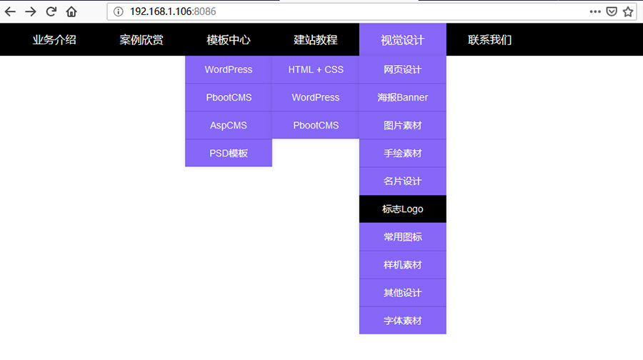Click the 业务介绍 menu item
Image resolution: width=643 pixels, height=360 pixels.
pyautogui.click(x=54, y=40)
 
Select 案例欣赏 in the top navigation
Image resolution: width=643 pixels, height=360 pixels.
pyautogui.click(x=141, y=40)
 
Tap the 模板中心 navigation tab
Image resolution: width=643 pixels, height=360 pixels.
pyautogui.click(x=229, y=40)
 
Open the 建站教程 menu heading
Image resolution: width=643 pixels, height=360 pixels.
pyautogui.click(x=316, y=40)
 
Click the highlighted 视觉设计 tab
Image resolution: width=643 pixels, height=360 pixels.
pyautogui.click(x=403, y=40)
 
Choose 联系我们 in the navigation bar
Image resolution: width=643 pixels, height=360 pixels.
pyautogui.click(x=490, y=40)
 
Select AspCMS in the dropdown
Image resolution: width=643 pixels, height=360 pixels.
pyautogui.click(x=229, y=125)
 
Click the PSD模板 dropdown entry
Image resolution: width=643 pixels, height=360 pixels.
pyautogui.click(x=229, y=153)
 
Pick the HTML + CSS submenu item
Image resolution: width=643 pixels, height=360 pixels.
pyautogui.click(x=316, y=69)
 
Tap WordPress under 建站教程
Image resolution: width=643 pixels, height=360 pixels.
pyautogui.click(x=316, y=97)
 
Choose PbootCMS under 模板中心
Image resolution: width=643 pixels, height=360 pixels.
pyautogui.click(x=229, y=97)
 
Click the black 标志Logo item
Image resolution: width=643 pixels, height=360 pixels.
pyautogui.click(x=403, y=209)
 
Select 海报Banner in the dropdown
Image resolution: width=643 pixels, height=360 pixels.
pyautogui.click(x=403, y=97)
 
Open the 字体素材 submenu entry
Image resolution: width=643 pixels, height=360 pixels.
pyautogui.click(x=403, y=321)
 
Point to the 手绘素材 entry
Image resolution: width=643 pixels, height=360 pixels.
pyautogui.click(x=403, y=153)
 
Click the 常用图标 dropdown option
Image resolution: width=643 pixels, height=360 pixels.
pyautogui.click(x=403, y=237)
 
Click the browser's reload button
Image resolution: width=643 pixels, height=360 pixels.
pyautogui.click(x=51, y=11)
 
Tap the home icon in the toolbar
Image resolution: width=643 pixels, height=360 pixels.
pyautogui.click(x=71, y=11)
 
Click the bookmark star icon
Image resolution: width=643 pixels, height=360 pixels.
pyautogui.click(x=628, y=11)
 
